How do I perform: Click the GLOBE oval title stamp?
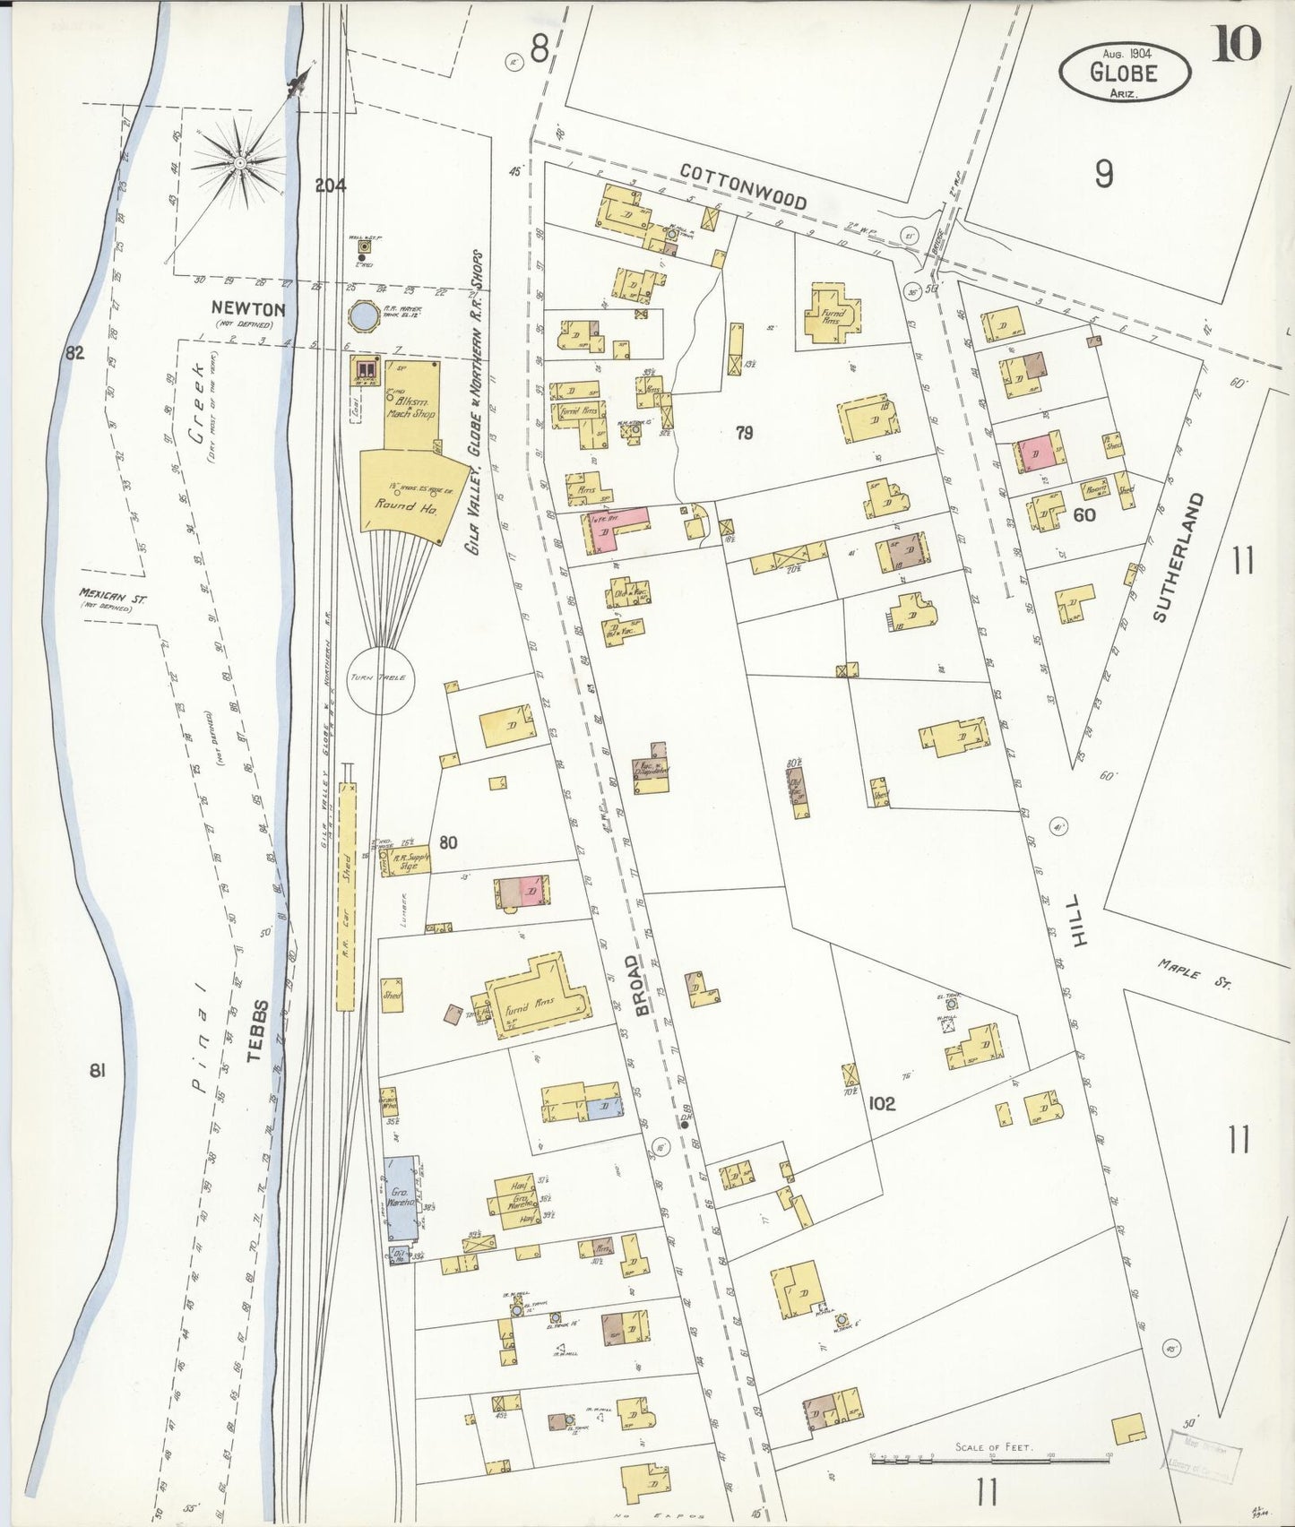(1125, 72)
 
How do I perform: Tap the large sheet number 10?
(1237, 44)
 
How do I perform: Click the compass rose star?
(240, 163)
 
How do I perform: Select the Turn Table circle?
(378, 678)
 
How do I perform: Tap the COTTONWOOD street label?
(743, 186)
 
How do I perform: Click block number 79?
(744, 433)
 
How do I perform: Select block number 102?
(882, 1103)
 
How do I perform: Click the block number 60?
(1084, 514)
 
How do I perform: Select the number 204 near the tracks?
(331, 185)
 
